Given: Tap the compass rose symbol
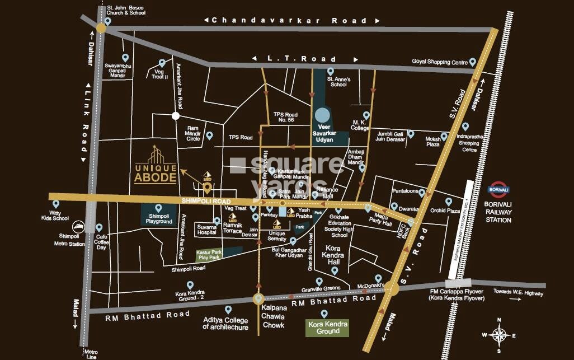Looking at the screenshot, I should point(498,335).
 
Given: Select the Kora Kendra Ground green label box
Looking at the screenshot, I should point(327,328).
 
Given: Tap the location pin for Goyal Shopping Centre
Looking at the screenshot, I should point(473,62).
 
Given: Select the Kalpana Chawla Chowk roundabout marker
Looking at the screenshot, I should point(258,299).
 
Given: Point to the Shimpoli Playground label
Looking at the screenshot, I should point(158,218).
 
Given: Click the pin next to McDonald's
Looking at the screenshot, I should point(379,278).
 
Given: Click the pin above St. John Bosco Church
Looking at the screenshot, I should point(108,21).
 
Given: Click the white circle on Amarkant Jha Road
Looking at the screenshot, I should point(176,116).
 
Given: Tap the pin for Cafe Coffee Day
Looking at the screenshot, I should point(99,228).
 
